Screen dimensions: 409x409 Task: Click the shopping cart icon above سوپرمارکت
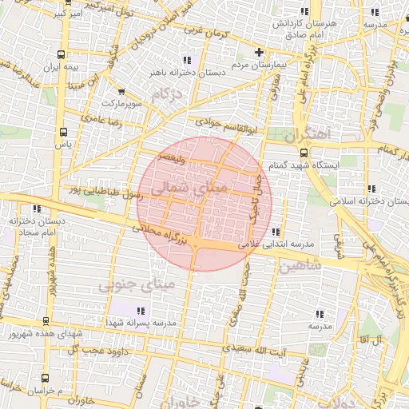pos(121,92)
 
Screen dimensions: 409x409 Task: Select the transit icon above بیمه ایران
pos(62,55)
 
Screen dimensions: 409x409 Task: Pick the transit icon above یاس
pos(64,132)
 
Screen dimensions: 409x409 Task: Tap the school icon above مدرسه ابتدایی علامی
pos(276,232)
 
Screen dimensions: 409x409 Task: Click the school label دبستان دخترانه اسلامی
pos(374,201)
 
